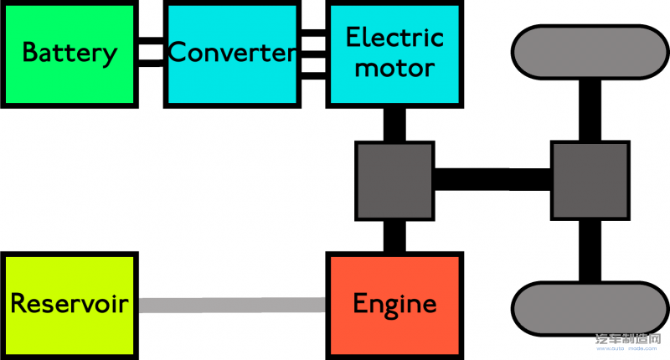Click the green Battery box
click(69, 54)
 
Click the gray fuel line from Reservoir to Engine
click(231, 305)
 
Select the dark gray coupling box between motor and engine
click(394, 180)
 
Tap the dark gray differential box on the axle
click(589, 180)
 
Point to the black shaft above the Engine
click(394, 236)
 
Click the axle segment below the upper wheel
click(589, 109)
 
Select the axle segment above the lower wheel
click(589, 251)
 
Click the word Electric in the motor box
click(394, 38)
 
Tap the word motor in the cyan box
click(394, 68)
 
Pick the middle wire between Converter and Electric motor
click(312, 54)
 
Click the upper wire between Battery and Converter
click(151, 42)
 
